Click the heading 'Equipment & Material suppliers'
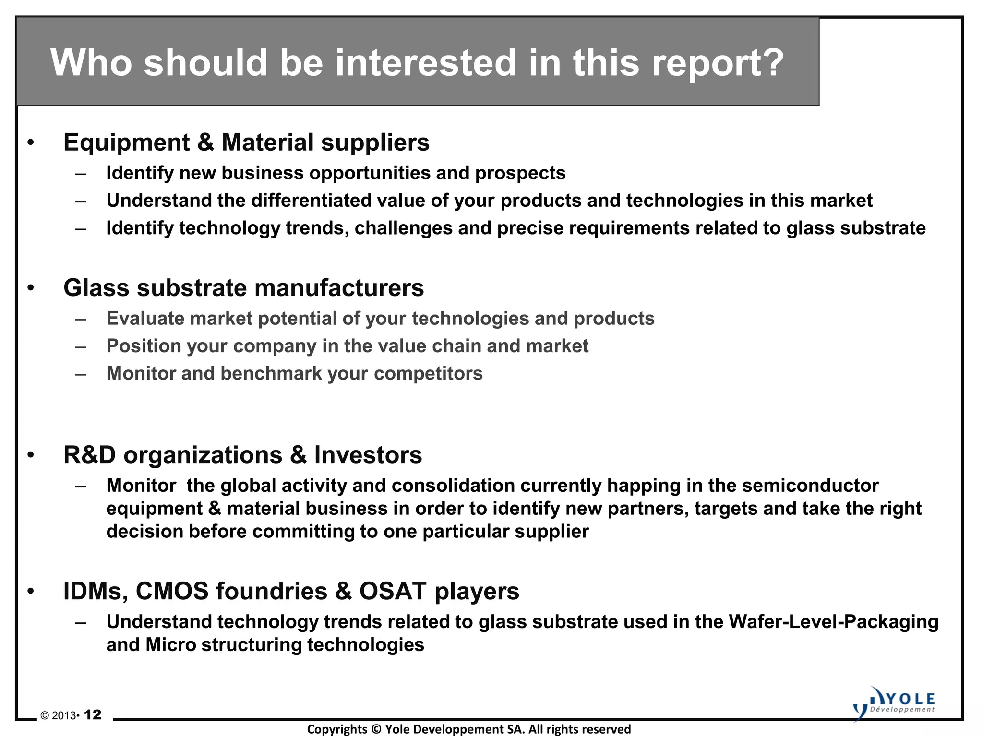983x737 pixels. tap(246, 143)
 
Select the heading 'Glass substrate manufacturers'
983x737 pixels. tap(243, 288)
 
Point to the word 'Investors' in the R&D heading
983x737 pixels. tap(368, 455)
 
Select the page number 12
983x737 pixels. tap(93, 715)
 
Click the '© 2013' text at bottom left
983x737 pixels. tap(58, 716)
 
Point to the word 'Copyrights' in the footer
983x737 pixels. tap(336, 729)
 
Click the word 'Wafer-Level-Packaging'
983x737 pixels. tap(833, 622)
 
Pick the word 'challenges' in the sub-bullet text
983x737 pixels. tap(403, 228)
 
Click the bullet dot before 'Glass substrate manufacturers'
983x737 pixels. tap(31, 288)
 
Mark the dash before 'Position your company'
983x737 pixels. tap(81, 346)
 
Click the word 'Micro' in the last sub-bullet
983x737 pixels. tap(170, 645)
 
